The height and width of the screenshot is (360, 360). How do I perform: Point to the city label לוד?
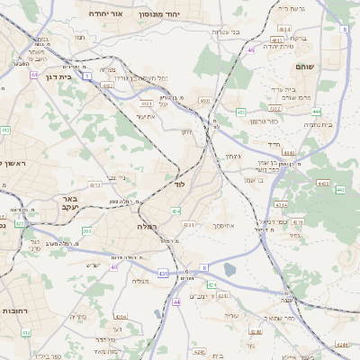179,184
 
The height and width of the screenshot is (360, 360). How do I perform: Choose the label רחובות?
19,310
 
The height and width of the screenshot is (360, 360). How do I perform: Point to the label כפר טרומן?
264,121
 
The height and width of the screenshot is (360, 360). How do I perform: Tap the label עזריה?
231,315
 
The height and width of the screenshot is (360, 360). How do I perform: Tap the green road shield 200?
86,231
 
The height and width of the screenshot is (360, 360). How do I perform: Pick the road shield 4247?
223,294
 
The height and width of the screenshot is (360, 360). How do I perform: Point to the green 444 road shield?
316,112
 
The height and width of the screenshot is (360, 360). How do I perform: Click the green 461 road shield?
240,112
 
